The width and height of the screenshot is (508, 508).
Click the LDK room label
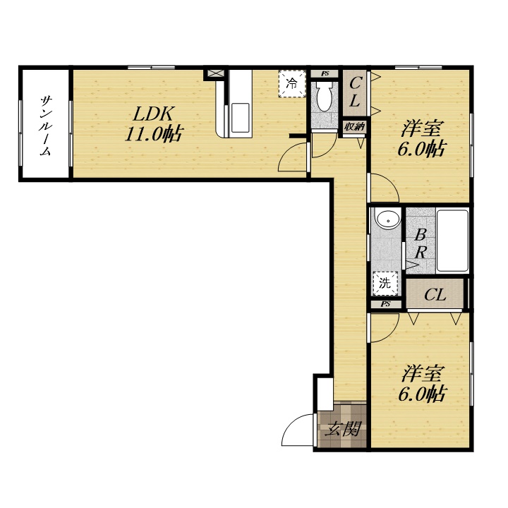[x=153, y=114]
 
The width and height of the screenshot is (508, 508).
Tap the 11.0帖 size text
[x=155, y=133]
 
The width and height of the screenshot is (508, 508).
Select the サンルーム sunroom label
[x=45, y=125]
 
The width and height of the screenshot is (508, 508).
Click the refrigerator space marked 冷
[x=292, y=83]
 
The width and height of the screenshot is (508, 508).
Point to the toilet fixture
[x=325, y=95]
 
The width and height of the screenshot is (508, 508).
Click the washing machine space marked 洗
[x=385, y=284]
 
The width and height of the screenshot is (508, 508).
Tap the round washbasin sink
[x=387, y=219]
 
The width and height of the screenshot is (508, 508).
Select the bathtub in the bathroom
[x=452, y=241]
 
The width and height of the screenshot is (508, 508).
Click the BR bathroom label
[x=421, y=243]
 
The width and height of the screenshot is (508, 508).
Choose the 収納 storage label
[x=354, y=127]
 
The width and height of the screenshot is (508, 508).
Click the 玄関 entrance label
[x=343, y=430]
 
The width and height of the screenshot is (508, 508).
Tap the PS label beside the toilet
[x=325, y=73]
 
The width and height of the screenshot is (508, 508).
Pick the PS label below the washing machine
[x=385, y=304]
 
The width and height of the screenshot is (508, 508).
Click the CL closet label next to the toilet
[x=354, y=92]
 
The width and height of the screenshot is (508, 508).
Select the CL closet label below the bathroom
[x=435, y=295]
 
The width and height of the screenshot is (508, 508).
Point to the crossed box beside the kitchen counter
[x=215, y=73]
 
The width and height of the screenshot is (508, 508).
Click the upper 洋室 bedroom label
[x=421, y=128]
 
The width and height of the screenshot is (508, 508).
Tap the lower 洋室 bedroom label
[x=421, y=373]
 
